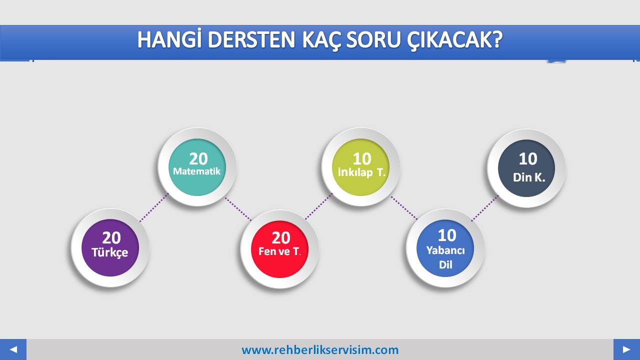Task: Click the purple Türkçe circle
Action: pos(110,247)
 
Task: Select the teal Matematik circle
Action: pos(197,167)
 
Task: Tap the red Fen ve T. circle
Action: pos(279,249)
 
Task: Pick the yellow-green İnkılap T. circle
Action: pos(361,167)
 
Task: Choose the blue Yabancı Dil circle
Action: pos(445,248)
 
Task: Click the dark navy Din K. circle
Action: pos(526,168)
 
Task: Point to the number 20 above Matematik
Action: pos(198,159)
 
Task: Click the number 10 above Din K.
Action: pos(528,159)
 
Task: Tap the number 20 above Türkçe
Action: pos(111,237)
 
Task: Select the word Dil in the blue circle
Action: pos(445,264)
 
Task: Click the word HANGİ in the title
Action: pos(168,39)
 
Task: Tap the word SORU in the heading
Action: pos(373,40)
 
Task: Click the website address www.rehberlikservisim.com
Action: pos(320,350)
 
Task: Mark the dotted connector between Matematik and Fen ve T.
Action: pos(238,209)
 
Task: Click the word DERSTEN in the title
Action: pos(251,39)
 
